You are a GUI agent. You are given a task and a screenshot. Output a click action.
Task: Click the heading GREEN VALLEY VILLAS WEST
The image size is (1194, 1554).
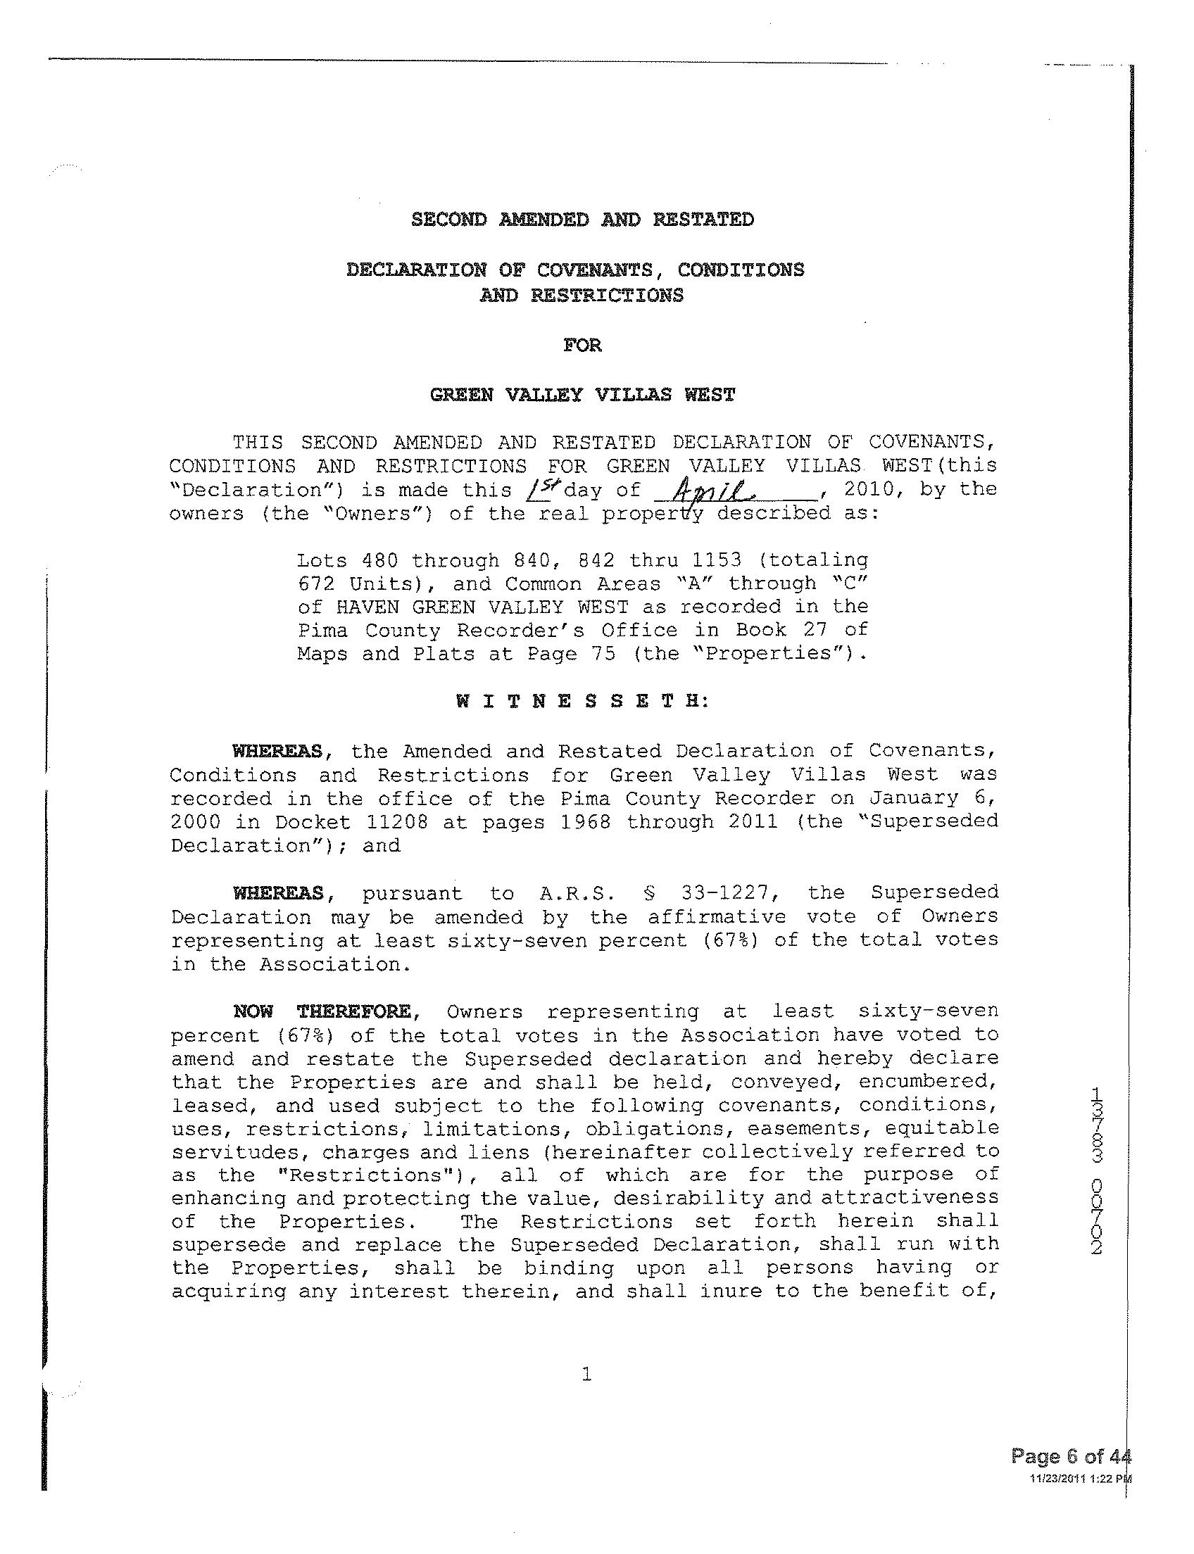click(582, 395)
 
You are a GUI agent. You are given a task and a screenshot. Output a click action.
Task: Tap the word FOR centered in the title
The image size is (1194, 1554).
click(582, 346)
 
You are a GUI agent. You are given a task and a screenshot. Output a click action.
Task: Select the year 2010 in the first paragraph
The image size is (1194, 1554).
click(874, 489)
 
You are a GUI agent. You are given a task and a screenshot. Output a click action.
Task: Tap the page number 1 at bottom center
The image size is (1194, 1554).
click(586, 1375)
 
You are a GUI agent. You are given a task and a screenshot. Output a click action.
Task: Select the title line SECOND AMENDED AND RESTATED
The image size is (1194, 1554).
click(582, 220)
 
